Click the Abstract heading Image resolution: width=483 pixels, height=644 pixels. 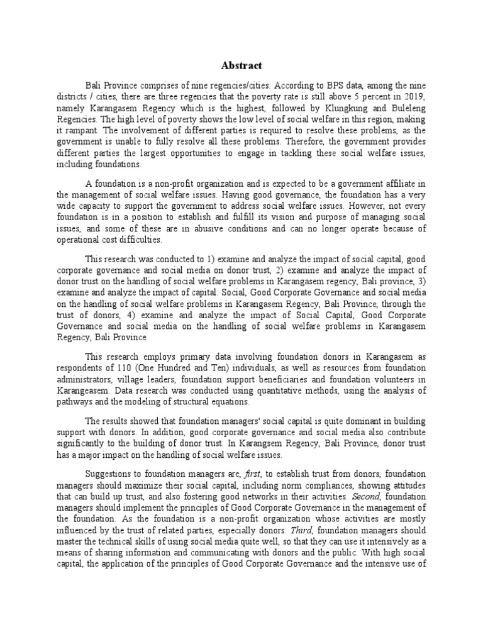[x=241, y=66]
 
